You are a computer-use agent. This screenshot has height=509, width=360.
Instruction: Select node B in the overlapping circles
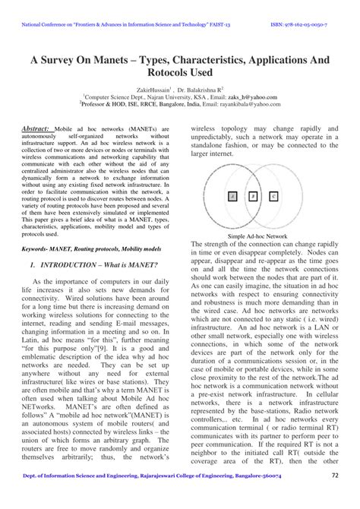(x=252, y=196)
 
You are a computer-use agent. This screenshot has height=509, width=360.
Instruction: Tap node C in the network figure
(x=273, y=196)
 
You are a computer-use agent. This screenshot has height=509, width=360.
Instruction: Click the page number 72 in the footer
(x=335, y=496)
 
